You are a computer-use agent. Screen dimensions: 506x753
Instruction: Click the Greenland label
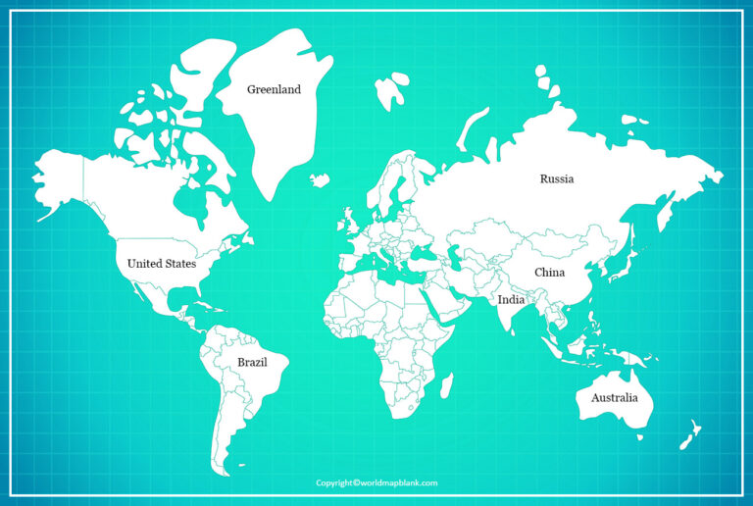click(x=274, y=89)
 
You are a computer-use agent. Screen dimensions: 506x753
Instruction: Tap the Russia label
click(x=556, y=178)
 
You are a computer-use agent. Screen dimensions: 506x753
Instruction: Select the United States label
click(x=162, y=264)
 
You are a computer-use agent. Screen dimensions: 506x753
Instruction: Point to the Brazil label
click(x=252, y=362)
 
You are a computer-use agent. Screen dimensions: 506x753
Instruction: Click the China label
click(x=549, y=272)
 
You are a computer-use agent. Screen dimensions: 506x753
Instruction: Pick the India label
click(x=511, y=300)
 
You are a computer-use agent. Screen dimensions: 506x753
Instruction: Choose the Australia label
click(x=614, y=397)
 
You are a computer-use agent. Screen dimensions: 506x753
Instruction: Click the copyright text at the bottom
click(x=376, y=482)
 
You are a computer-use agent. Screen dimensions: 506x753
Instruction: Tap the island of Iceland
click(x=320, y=179)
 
